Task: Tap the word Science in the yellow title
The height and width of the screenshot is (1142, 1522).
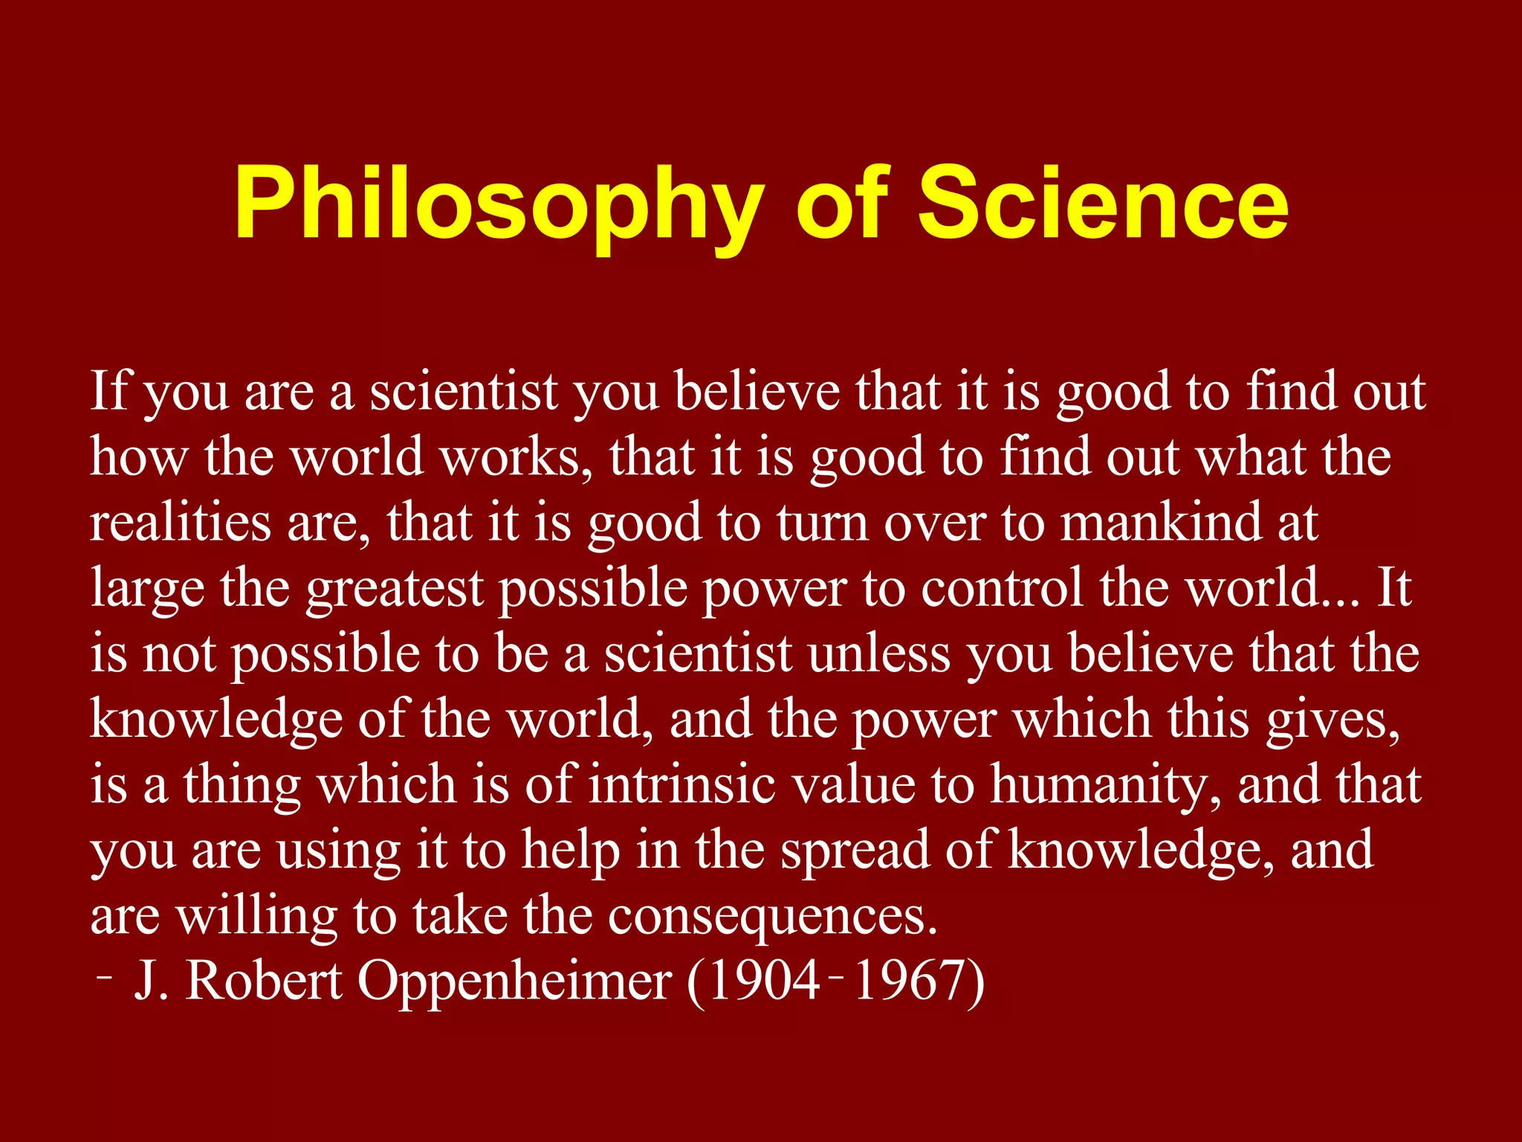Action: (x=1103, y=203)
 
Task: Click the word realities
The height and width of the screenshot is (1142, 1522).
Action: (x=181, y=522)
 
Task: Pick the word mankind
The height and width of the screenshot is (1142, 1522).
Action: (x=1160, y=522)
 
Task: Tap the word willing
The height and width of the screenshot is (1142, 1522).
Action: (x=256, y=916)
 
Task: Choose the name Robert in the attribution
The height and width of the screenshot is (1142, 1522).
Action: (x=264, y=981)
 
